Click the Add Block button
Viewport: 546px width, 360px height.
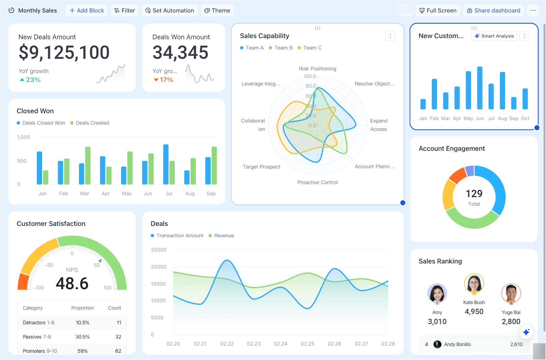pos(87,11)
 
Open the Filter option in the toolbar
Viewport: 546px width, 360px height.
pos(125,11)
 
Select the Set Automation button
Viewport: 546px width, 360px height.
pos(170,11)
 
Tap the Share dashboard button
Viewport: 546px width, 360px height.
pos(493,11)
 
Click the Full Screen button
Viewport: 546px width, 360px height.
pos(438,11)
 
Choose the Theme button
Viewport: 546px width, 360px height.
pos(217,11)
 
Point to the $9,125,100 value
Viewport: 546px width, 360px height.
pos(64,53)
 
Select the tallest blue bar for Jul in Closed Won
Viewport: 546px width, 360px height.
pos(166,164)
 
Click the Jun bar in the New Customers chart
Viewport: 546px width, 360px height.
pos(479,88)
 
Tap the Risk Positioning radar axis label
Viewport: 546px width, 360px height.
pos(317,69)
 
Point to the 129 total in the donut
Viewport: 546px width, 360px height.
pos(474,194)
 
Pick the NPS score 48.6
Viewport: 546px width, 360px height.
pos(72,284)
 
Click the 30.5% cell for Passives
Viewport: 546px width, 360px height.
pos(83,337)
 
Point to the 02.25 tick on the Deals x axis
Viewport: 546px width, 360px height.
pos(307,344)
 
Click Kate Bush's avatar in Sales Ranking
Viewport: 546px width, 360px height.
pos(474,283)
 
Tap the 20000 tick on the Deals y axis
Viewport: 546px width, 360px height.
pos(159,267)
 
